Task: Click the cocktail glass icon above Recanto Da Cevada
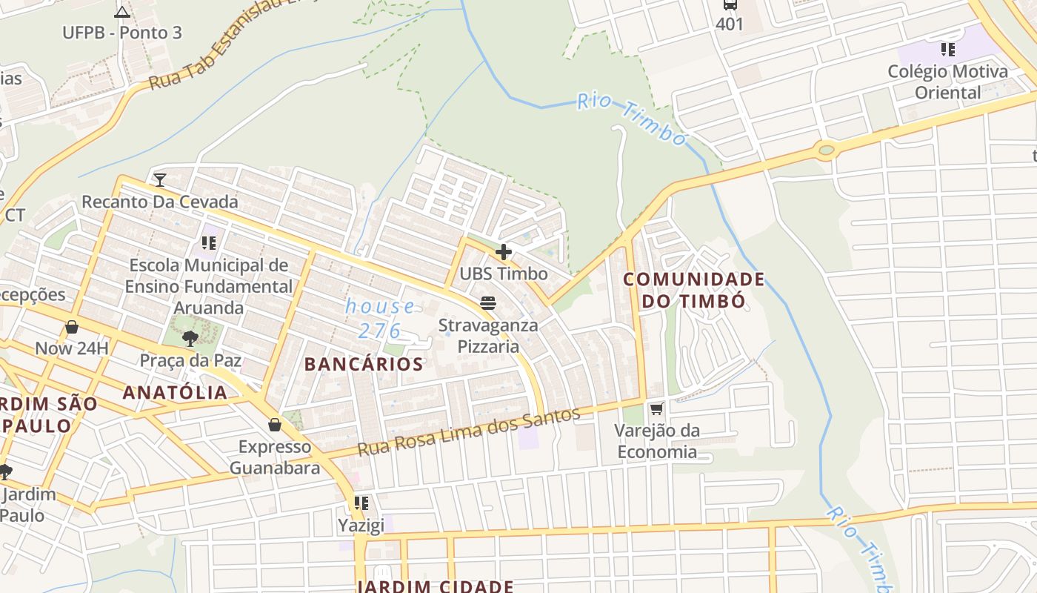tap(159, 179)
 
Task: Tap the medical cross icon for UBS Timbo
tap(504, 252)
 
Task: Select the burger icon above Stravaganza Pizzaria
tap(487, 302)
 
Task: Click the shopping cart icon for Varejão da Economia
tap(656, 408)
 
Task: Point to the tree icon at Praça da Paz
tap(190, 339)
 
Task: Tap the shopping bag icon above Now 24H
tap(72, 327)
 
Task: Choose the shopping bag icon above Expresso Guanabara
tap(275, 425)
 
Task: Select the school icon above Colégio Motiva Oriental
tap(947, 50)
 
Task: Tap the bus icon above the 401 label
tap(730, 4)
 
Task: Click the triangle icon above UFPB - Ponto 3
tap(122, 11)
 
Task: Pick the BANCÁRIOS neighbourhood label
tap(364, 364)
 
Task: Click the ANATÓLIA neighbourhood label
tap(175, 393)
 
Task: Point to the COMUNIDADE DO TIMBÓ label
tap(693, 290)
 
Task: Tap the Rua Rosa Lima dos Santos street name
tap(468, 431)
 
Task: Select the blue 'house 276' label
tap(381, 318)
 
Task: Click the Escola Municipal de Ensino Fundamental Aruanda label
tap(208, 286)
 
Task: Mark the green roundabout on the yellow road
tap(826, 150)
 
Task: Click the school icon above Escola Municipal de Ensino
tap(208, 242)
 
